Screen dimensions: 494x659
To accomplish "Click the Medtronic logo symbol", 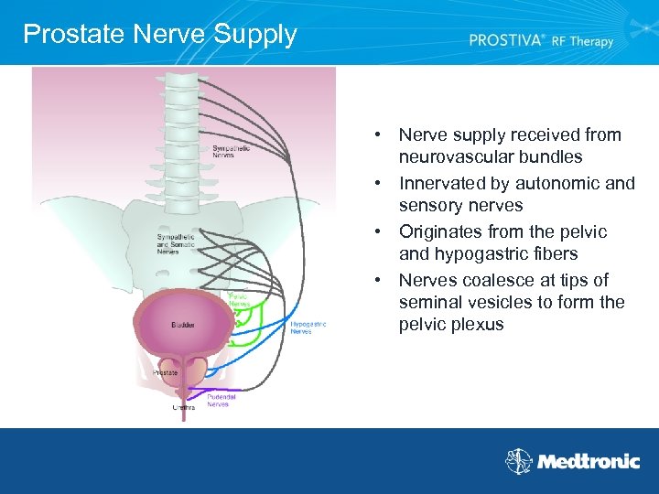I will click(519, 461).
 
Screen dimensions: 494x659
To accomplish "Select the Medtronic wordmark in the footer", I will click(588, 462).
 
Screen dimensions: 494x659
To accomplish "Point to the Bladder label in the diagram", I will click(182, 325).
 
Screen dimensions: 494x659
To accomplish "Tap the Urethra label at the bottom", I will click(184, 407).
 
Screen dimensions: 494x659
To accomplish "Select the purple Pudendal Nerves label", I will click(221, 400).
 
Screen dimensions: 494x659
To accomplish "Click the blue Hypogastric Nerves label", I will click(308, 328).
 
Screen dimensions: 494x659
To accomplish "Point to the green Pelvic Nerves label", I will click(238, 300).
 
